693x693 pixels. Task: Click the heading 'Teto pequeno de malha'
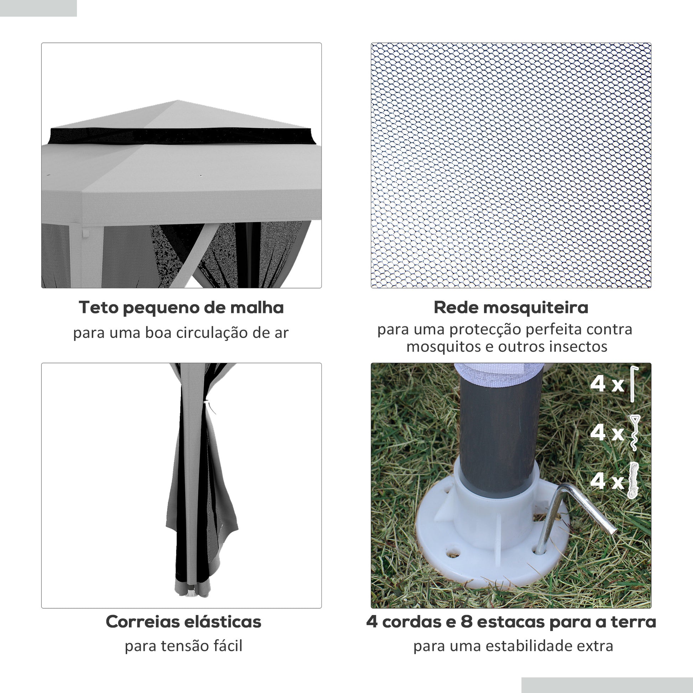click(x=181, y=308)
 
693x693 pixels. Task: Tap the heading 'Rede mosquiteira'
click(x=511, y=308)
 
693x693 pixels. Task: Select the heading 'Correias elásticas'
click(x=183, y=622)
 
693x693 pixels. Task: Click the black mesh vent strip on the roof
click(x=182, y=136)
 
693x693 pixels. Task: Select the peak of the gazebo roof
click(x=178, y=100)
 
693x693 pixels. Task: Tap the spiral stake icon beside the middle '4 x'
click(x=634, y=433)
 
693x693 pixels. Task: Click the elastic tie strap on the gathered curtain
click(x=209, y=407)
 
